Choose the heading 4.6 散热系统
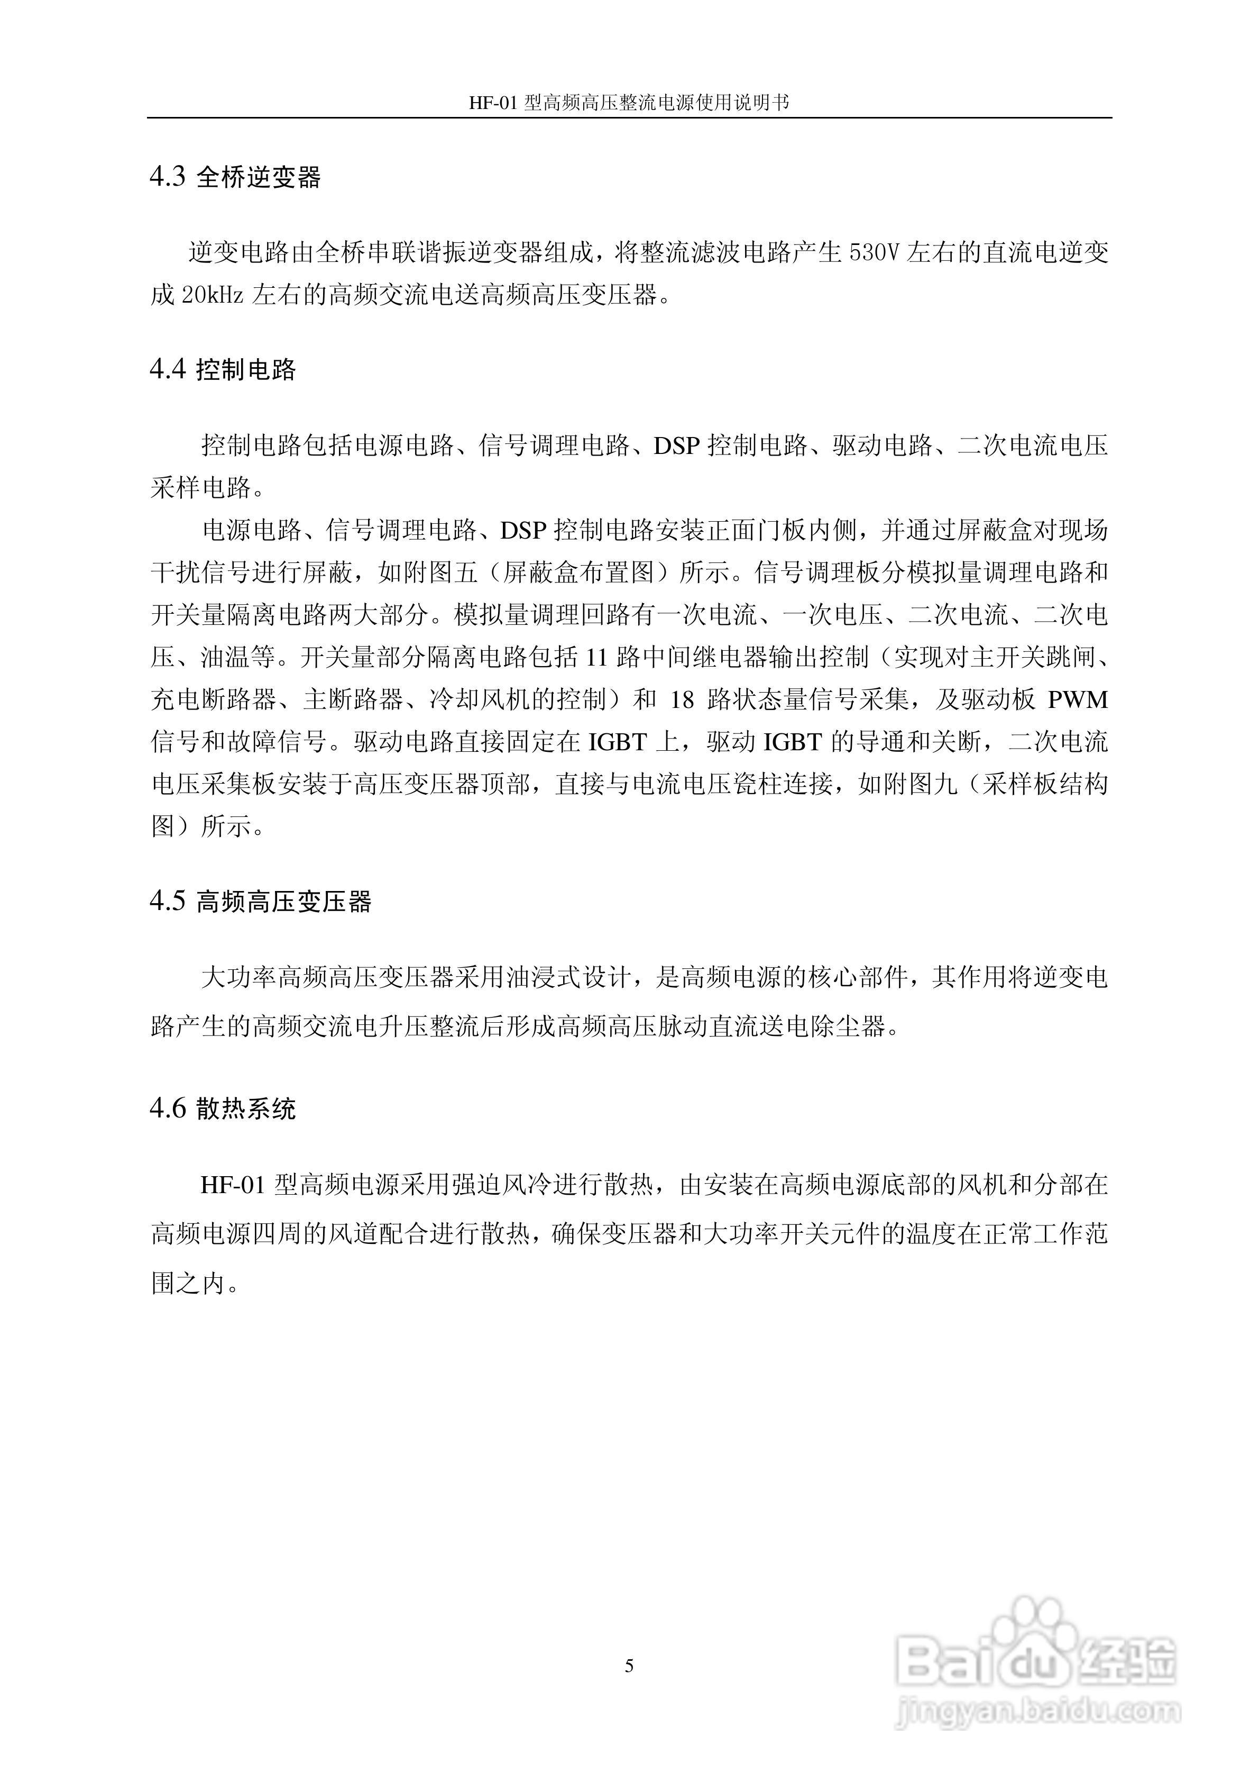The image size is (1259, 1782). pyautogui.click(x=223, y=1109)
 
